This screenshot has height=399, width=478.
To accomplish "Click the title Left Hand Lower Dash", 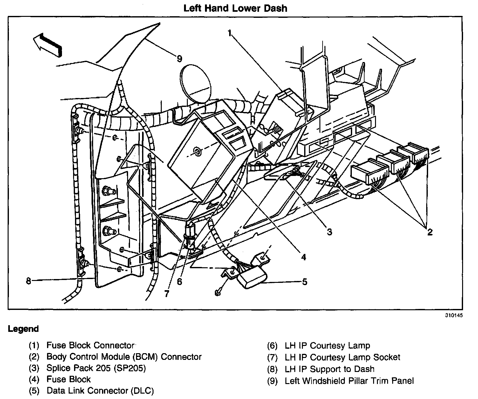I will click(x=235, y=8).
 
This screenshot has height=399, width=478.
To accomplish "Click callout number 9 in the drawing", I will click(x=179, y=59).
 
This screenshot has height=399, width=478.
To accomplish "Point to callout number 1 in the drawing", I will click(x=229, y=32).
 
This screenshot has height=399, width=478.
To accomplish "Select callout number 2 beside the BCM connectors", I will click(x=430, y=232).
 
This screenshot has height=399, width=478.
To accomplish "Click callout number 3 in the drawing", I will click(x=330, y=232).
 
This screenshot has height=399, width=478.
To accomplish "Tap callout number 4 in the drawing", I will click(x=304, y=256).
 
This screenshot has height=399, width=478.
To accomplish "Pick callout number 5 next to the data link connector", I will click(x=304, y=282).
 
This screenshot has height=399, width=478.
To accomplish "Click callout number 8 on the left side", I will click(x=29, y=281).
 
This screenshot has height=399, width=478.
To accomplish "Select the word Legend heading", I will click(x=23, y=329).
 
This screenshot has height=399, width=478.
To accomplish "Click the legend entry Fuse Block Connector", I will click(x=91, y=346).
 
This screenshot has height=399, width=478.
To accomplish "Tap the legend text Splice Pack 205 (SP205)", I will click(x=96, y=368).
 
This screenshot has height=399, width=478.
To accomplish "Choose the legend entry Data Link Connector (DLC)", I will click(x=100, y=391).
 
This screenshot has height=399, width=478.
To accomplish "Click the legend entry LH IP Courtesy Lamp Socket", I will click(x=342, y=357).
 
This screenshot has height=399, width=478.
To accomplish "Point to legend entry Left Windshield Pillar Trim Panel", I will click(x=349, y=381).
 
